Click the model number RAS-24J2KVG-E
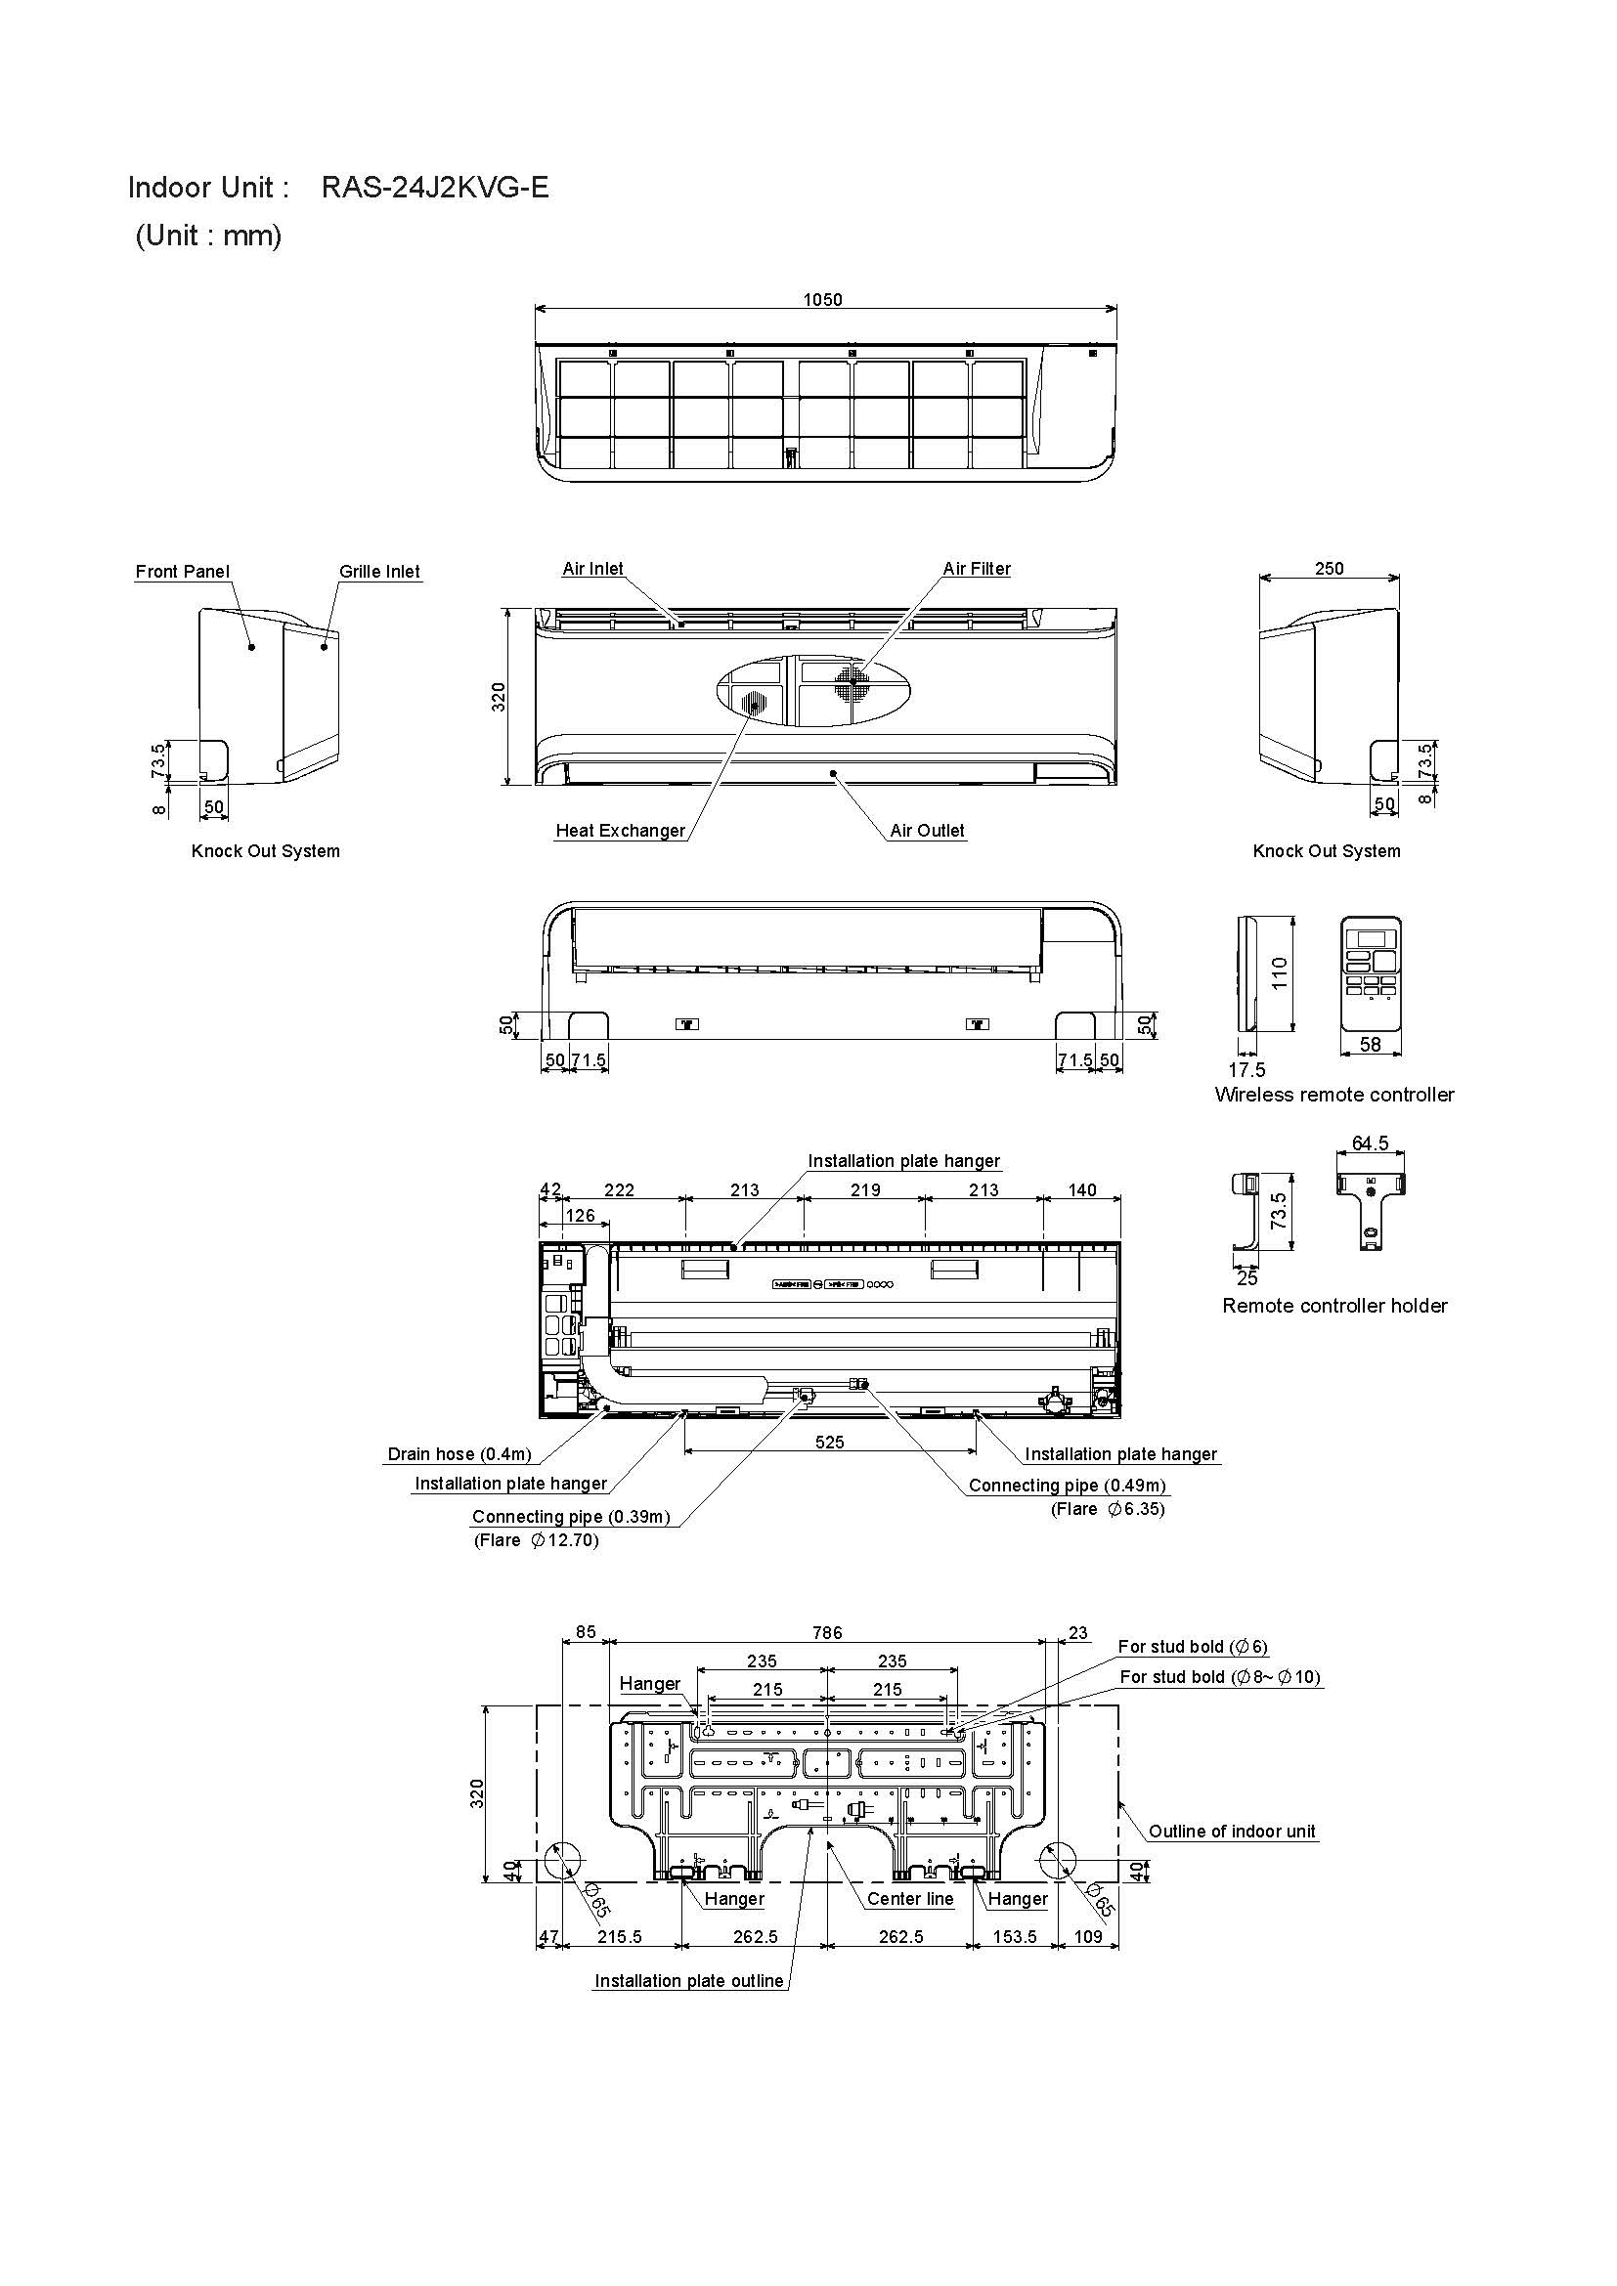pos(434,188)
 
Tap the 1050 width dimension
pos(822,300)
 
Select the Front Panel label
pos(182,572)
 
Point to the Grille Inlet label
pos(379,572)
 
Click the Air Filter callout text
pos(976,569)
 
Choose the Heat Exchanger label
pos(621,831)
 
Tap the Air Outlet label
pos(926,831)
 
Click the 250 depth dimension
pos(1329,569)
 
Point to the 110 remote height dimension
pos(1280,971)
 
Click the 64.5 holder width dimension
pos(1369,1144)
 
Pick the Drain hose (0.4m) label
pos(459,1454)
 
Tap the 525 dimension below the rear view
pos(828,1442)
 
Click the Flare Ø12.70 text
pos(536,1540)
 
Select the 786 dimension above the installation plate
pos(826,1633)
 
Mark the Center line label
pos(909,1899)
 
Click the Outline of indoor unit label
pos(1232,1831)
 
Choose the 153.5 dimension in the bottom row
pos(1015,1936)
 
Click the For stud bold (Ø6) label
pos(1193,1647)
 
